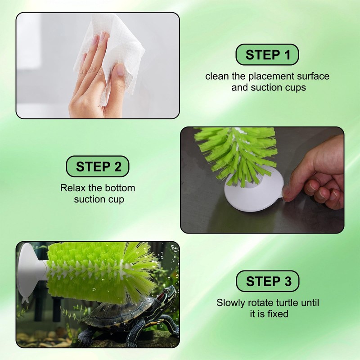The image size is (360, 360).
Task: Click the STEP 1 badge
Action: coord(267,54)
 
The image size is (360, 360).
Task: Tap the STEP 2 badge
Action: coord(98,166)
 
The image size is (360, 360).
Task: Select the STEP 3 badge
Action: coord(268,281)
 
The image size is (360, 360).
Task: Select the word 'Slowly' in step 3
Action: coord(231,303)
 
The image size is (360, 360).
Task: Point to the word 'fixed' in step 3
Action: coord(277,314)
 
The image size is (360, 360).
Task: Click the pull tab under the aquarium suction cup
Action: coord(25,300)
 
